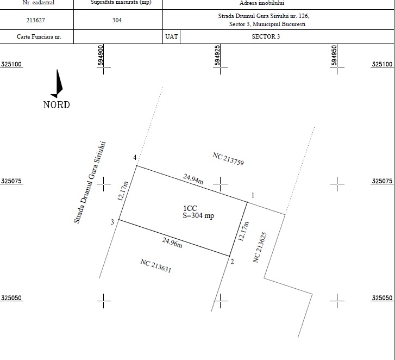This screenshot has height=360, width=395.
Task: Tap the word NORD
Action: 57,105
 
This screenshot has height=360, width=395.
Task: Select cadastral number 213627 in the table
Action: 35,20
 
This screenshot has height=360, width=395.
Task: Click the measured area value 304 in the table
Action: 117,20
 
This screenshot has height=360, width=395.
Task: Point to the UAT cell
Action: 172,36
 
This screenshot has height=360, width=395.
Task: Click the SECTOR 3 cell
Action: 266,36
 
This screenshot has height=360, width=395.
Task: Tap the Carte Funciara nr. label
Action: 39,36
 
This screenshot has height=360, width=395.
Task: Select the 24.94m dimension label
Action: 193,179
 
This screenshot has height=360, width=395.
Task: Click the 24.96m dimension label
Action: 172,243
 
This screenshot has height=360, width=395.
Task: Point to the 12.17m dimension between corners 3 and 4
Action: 123,191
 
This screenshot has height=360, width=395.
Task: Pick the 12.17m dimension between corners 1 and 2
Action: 243,232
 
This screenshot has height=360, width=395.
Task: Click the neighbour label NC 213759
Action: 228,159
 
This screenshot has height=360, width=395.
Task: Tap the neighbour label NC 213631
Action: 156,266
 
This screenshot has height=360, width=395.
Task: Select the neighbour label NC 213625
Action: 260,247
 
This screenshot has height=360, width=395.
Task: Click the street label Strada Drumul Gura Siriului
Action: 90,182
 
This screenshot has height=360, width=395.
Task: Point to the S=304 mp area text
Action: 198,215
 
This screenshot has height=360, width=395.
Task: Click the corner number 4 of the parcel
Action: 135,158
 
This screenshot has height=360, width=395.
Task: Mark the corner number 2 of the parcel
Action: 232,262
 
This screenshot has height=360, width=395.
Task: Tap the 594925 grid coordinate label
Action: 217,55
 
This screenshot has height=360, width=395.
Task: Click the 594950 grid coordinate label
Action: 334,55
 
